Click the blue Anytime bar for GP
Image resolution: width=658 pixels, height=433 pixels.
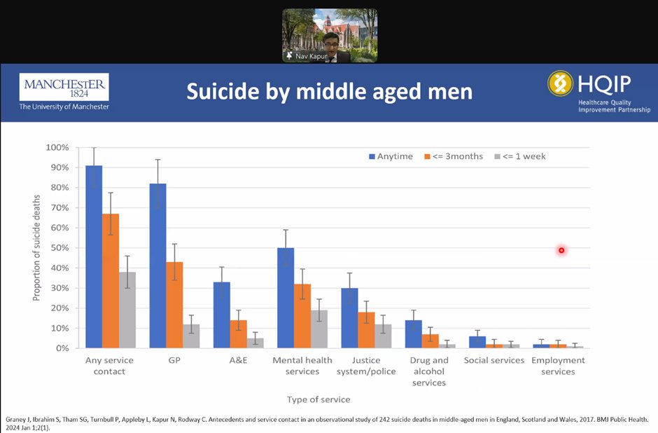157,266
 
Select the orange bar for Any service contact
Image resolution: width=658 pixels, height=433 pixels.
110,280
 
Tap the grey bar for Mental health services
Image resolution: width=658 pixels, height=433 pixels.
318,329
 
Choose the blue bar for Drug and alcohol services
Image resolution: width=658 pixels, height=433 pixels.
413,334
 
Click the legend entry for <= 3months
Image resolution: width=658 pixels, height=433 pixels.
453,156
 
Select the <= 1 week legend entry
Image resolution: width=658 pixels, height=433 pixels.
520,156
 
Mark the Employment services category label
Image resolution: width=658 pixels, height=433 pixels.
558,366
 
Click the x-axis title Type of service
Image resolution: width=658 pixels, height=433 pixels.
318,399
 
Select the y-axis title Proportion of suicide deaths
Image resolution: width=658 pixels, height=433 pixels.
36,248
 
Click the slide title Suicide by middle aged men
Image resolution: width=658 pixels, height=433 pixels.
329,92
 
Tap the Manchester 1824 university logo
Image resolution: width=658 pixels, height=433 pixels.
64,92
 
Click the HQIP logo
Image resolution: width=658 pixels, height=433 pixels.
598,91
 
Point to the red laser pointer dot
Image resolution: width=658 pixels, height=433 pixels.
561,250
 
